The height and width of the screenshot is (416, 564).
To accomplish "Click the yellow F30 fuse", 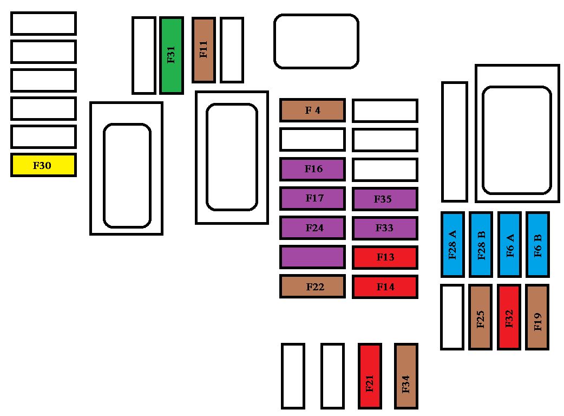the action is click(43, 165).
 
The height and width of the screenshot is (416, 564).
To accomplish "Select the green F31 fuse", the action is click(172, 55).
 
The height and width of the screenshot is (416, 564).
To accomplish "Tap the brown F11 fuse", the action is click(204, 50).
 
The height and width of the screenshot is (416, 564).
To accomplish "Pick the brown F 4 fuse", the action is click(312, 110).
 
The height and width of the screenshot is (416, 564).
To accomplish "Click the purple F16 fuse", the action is click(312, 169).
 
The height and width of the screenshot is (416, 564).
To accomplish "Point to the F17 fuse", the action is click(312, 198).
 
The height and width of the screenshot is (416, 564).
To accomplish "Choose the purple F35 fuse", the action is click(385, 199).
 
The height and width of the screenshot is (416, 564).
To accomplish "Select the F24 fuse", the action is click(312, 228).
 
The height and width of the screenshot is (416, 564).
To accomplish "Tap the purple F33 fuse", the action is click(385, 228).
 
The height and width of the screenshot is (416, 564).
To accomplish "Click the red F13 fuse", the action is click(385, 257).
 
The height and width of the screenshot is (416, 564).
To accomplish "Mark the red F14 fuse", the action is click(385, 287).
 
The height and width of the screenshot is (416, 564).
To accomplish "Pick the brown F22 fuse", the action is click(312, 287).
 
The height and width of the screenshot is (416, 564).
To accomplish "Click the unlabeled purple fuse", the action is click(312, 257).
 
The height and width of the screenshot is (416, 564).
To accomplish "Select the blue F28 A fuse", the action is click(452, 244).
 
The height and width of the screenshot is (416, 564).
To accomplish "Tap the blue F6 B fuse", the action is click(537, 244).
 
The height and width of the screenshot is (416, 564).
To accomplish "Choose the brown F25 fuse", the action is click(480, 317).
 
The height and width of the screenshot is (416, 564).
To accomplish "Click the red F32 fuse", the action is click(509, 317).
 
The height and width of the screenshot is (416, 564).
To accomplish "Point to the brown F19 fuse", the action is click(537, 317).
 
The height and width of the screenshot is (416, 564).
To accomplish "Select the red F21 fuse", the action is click(370, 376).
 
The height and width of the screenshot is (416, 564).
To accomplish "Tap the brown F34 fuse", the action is click(406, 376).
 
